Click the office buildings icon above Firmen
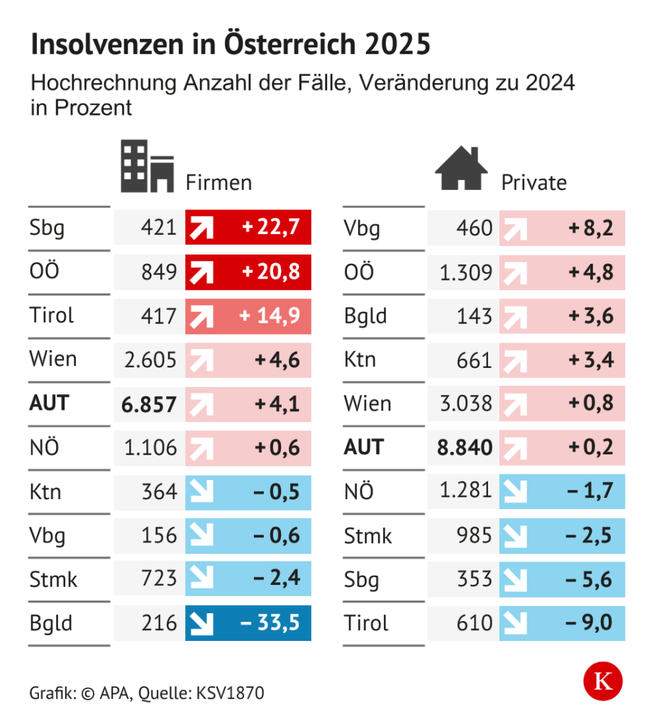[x=148, y=166]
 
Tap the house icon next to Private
[x=461, y=168]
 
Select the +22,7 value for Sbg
[x=271, y=227]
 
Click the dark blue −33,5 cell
[x=248, y=622]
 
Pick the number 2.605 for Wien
[x=150, y=359]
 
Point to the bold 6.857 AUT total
[x=149, y=404]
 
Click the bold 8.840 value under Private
[x=465, y=448]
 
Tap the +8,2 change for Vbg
[x=591, y=228]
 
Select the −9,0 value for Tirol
[x=589, y=622]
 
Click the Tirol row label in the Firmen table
[x=52, y=315]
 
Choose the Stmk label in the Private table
[x=368, y=536]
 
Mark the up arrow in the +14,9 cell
[x=201, y=317]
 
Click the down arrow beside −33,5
[x=201, y=624]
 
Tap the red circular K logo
[x=603, y=681]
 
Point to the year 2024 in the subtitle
[x=550, y=83]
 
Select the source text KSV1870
[x=231, y=693]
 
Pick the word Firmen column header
[x=219, y=182]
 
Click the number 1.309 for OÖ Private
[x=466, y=272]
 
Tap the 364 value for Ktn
[x=160, y=492]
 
